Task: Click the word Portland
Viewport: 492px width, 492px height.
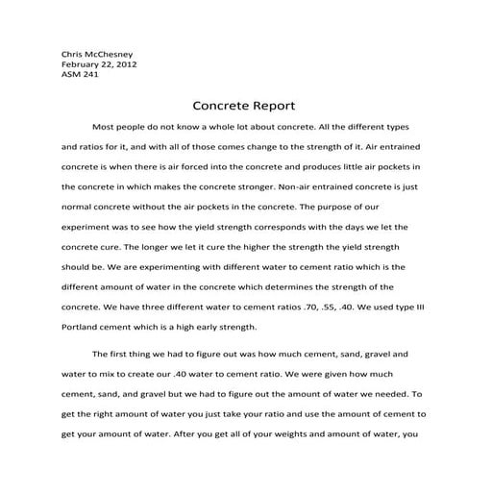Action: click(x=84, y=328)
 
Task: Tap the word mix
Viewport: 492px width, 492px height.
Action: click(x=122, y=373)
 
